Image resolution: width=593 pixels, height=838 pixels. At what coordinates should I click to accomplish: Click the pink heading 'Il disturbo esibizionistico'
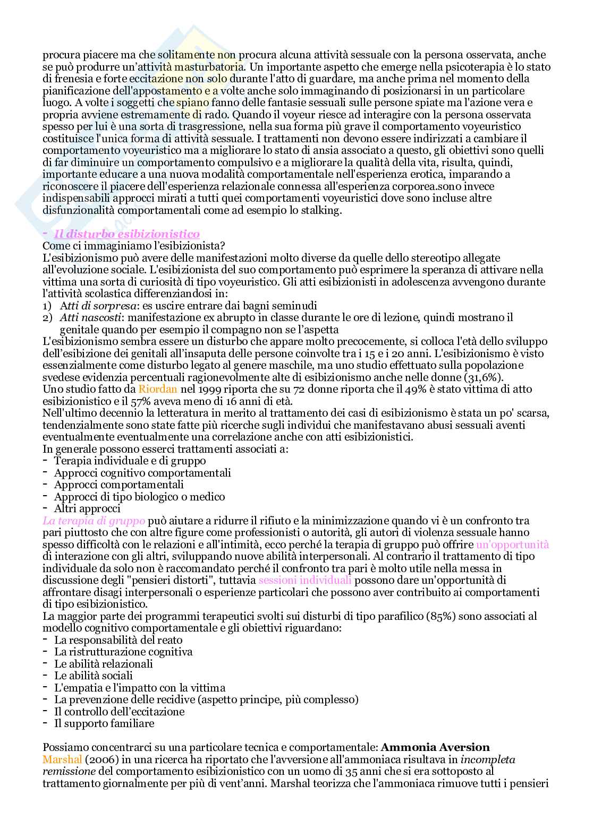pos(128,234)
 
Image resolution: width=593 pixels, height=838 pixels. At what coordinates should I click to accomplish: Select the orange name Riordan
pos(155,389)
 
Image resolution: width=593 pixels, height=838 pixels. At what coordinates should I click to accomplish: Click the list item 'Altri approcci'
pos(87,508)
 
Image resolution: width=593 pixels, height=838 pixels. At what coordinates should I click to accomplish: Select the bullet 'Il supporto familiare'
pos(104,723)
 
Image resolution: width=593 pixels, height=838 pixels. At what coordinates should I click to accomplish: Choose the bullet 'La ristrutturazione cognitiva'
pos(123,652)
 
